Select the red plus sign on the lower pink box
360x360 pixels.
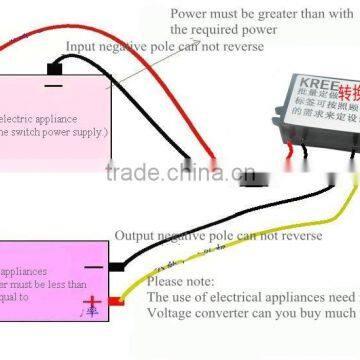[x=92, y=303]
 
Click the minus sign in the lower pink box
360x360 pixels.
[x=92, y=269]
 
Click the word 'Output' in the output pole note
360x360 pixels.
[x=136, y=236]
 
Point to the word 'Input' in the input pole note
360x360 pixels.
[x=83, y=47]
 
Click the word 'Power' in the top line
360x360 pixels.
[x=190, y=14]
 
